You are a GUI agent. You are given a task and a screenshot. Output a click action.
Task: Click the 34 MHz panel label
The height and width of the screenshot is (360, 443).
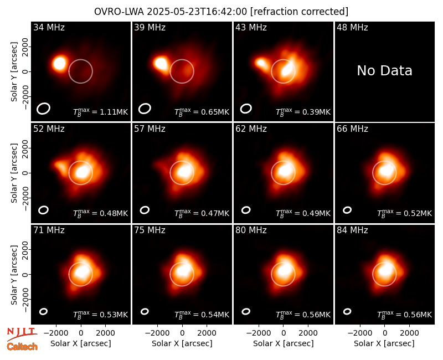click(49, 27)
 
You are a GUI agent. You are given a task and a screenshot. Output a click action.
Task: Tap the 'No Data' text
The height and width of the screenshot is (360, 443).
click(384, 71)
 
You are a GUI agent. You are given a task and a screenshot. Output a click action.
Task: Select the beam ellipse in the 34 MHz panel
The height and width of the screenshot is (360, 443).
click(43, 109)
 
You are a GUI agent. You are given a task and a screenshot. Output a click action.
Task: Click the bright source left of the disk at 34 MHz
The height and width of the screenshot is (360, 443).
click(60, 63)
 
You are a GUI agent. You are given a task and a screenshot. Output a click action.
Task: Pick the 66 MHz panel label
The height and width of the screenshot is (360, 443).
click(352, 129)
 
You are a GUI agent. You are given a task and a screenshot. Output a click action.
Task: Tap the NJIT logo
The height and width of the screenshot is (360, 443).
click(22, 333)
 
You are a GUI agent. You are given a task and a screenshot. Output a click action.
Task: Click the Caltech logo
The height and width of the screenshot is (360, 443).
click(22, 347)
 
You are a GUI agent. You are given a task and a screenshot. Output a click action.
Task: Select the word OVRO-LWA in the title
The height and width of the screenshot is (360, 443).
click(119, 12)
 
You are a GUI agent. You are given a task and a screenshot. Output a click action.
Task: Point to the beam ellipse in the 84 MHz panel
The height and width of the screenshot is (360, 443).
click(347, 311)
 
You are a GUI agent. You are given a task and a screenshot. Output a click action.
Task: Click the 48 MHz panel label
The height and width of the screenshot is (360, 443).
click(352, 27)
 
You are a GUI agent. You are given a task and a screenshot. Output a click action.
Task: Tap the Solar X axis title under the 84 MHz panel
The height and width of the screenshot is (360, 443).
click(384, 343)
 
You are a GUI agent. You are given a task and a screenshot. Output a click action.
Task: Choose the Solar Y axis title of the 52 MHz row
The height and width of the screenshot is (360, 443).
click(14, 173)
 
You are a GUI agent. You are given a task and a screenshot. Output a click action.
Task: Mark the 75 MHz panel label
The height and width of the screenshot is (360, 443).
click(150, 230)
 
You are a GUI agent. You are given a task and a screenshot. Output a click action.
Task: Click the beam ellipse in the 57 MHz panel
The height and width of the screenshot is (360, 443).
click(145, 210)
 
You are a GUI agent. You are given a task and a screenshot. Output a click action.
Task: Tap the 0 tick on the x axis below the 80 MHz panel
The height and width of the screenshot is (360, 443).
click(284, 333)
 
